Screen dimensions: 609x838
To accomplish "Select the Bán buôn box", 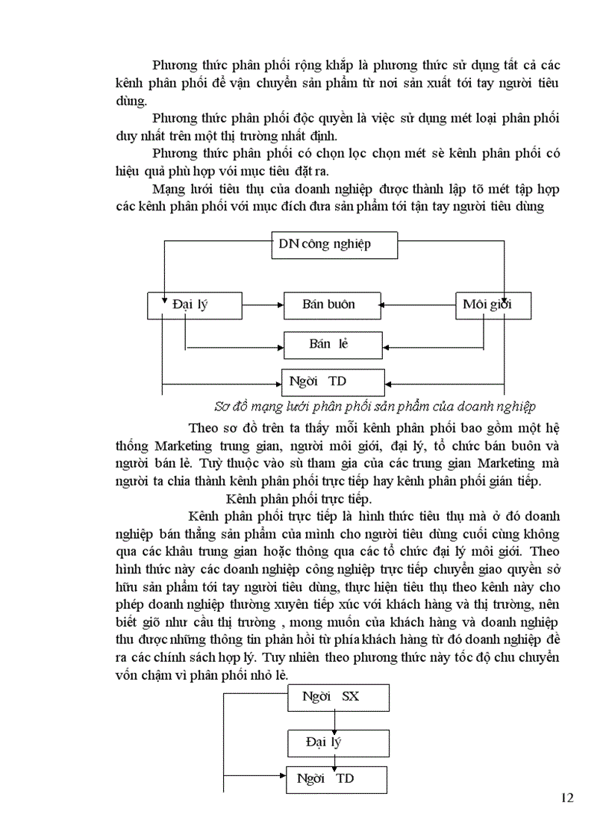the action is tap(329, 304).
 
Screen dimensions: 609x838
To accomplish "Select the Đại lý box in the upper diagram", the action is tap(194, 304).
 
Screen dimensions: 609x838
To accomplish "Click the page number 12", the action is tap(567, 798).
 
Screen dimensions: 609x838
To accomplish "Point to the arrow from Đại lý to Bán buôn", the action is tap(263, 304).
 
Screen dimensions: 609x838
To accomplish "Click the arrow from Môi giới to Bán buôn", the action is tap(418, 304).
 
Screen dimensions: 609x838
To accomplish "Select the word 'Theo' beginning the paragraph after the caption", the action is tap(204, 429).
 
